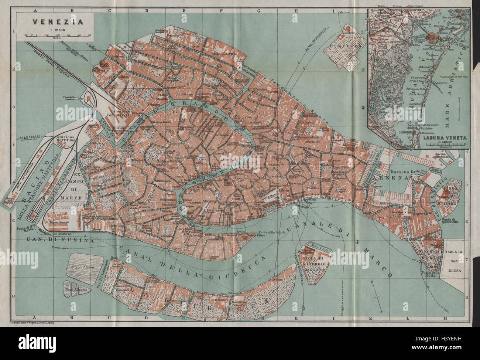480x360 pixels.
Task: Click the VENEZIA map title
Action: [x=57, y=21]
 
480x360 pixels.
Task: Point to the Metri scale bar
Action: [x=58, y=35]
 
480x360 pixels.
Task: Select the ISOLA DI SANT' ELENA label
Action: [x=456, y=258]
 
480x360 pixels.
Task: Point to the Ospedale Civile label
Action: [x=309, y=122]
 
